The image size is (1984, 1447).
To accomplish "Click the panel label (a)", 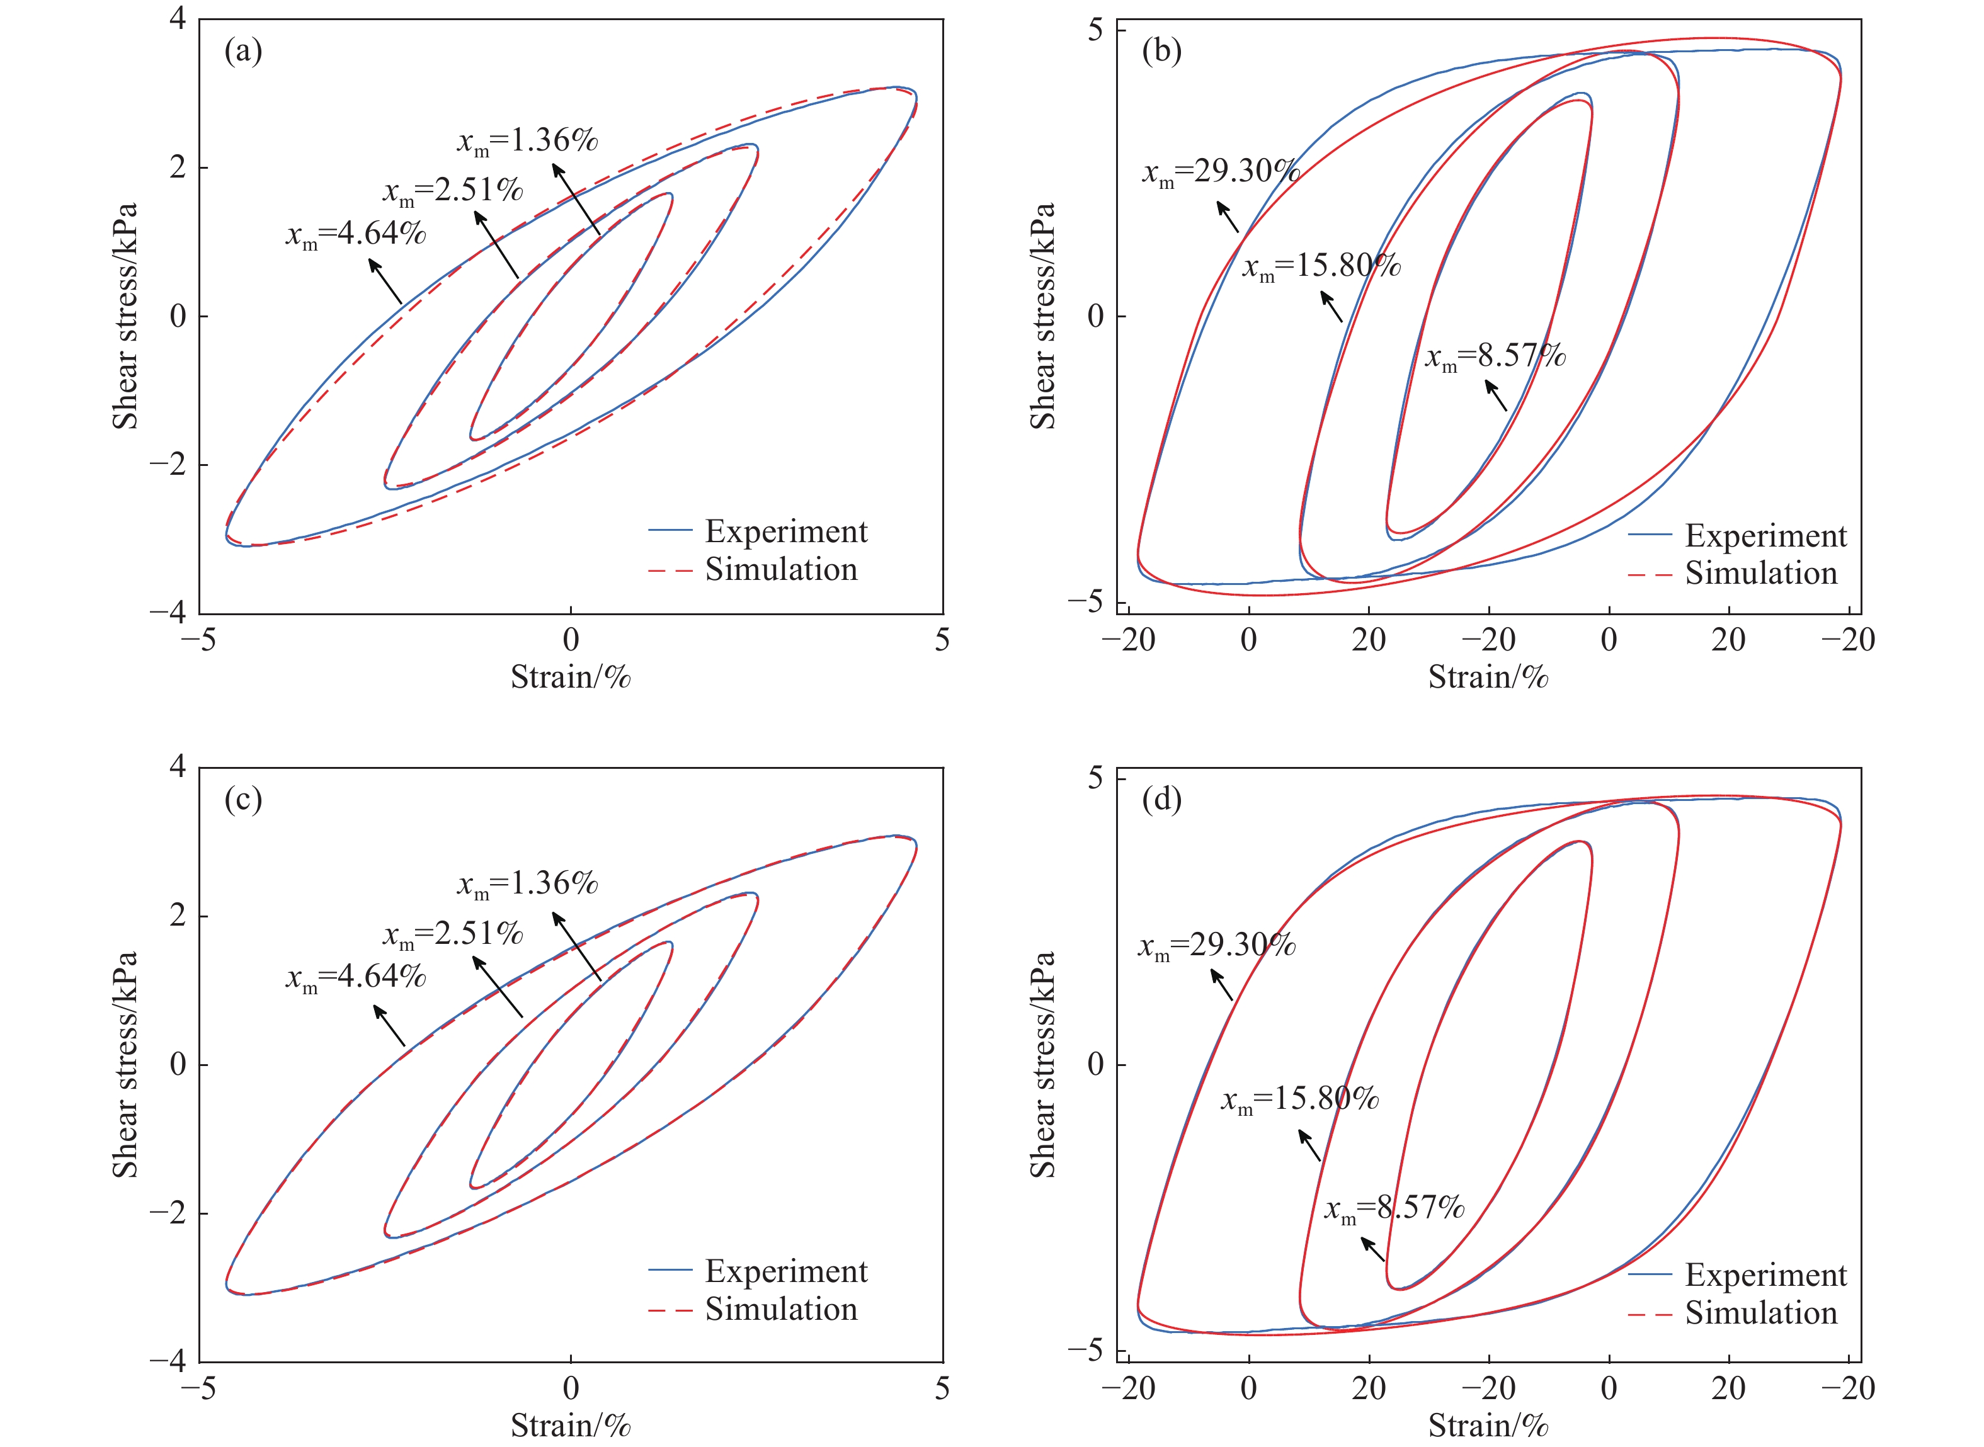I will [244, 52].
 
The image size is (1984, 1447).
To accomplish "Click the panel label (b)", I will [1161, 52].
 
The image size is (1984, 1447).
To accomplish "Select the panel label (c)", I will [244, 800].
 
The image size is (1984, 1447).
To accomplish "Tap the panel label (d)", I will [1161, 800].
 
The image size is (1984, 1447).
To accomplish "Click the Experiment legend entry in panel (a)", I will [785, 531].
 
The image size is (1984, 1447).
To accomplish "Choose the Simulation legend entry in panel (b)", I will [1760, 574].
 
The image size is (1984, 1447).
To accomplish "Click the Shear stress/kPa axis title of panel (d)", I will [1042, 1064].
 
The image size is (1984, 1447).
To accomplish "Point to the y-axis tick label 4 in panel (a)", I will [178, 18].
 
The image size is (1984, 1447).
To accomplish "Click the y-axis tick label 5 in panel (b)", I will [1096, 30].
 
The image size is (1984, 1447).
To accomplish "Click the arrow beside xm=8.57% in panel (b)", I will [1496, 395].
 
